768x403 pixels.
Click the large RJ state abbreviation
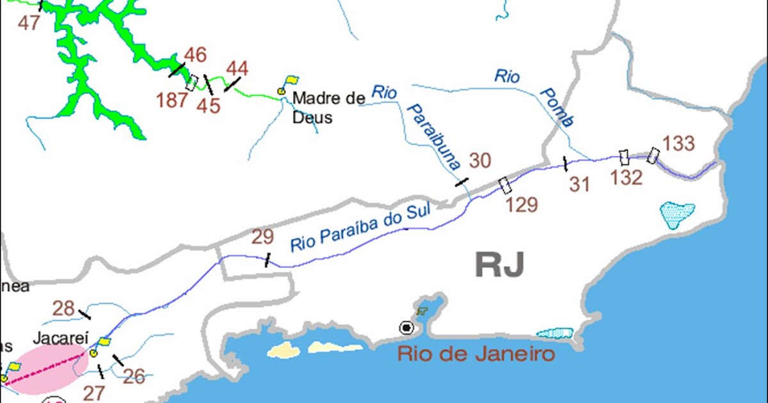pyautogui.click(x=500, y=264)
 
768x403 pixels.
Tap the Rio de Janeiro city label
pyautogui.click(x=476, y=354)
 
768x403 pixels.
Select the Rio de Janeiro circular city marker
pyautogui.click(x=406, y=328)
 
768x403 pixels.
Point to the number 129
pyautogui.click(x=522, y=205)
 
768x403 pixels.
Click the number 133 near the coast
pyautogui.click(x=678, y=143)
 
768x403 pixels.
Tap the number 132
pyautogui.click(x=626, y=178)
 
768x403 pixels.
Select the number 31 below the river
pyautogui.click(x=579, y=184)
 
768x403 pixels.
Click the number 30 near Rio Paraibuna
pyautogui.click(x=479, y=161)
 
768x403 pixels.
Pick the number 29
pyautogui.click(x=262, y=237)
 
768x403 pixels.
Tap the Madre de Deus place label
pyautogui.click(x=328, y=107)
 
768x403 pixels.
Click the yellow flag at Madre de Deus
pyautogui.click(x=291, y=81)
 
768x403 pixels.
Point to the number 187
pyautogui.click(x=172, y=100)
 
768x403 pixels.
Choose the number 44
pyautogui.click(x=237, y=68)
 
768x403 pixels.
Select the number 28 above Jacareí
pyautogui.click(x=63, y=309)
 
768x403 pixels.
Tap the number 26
pyautogui.click(x=134, y=377)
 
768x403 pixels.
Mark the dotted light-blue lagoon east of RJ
pyautogui.click(x=677, y=214)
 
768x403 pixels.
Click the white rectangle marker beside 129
pyautogui.click(x=505, y=186)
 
